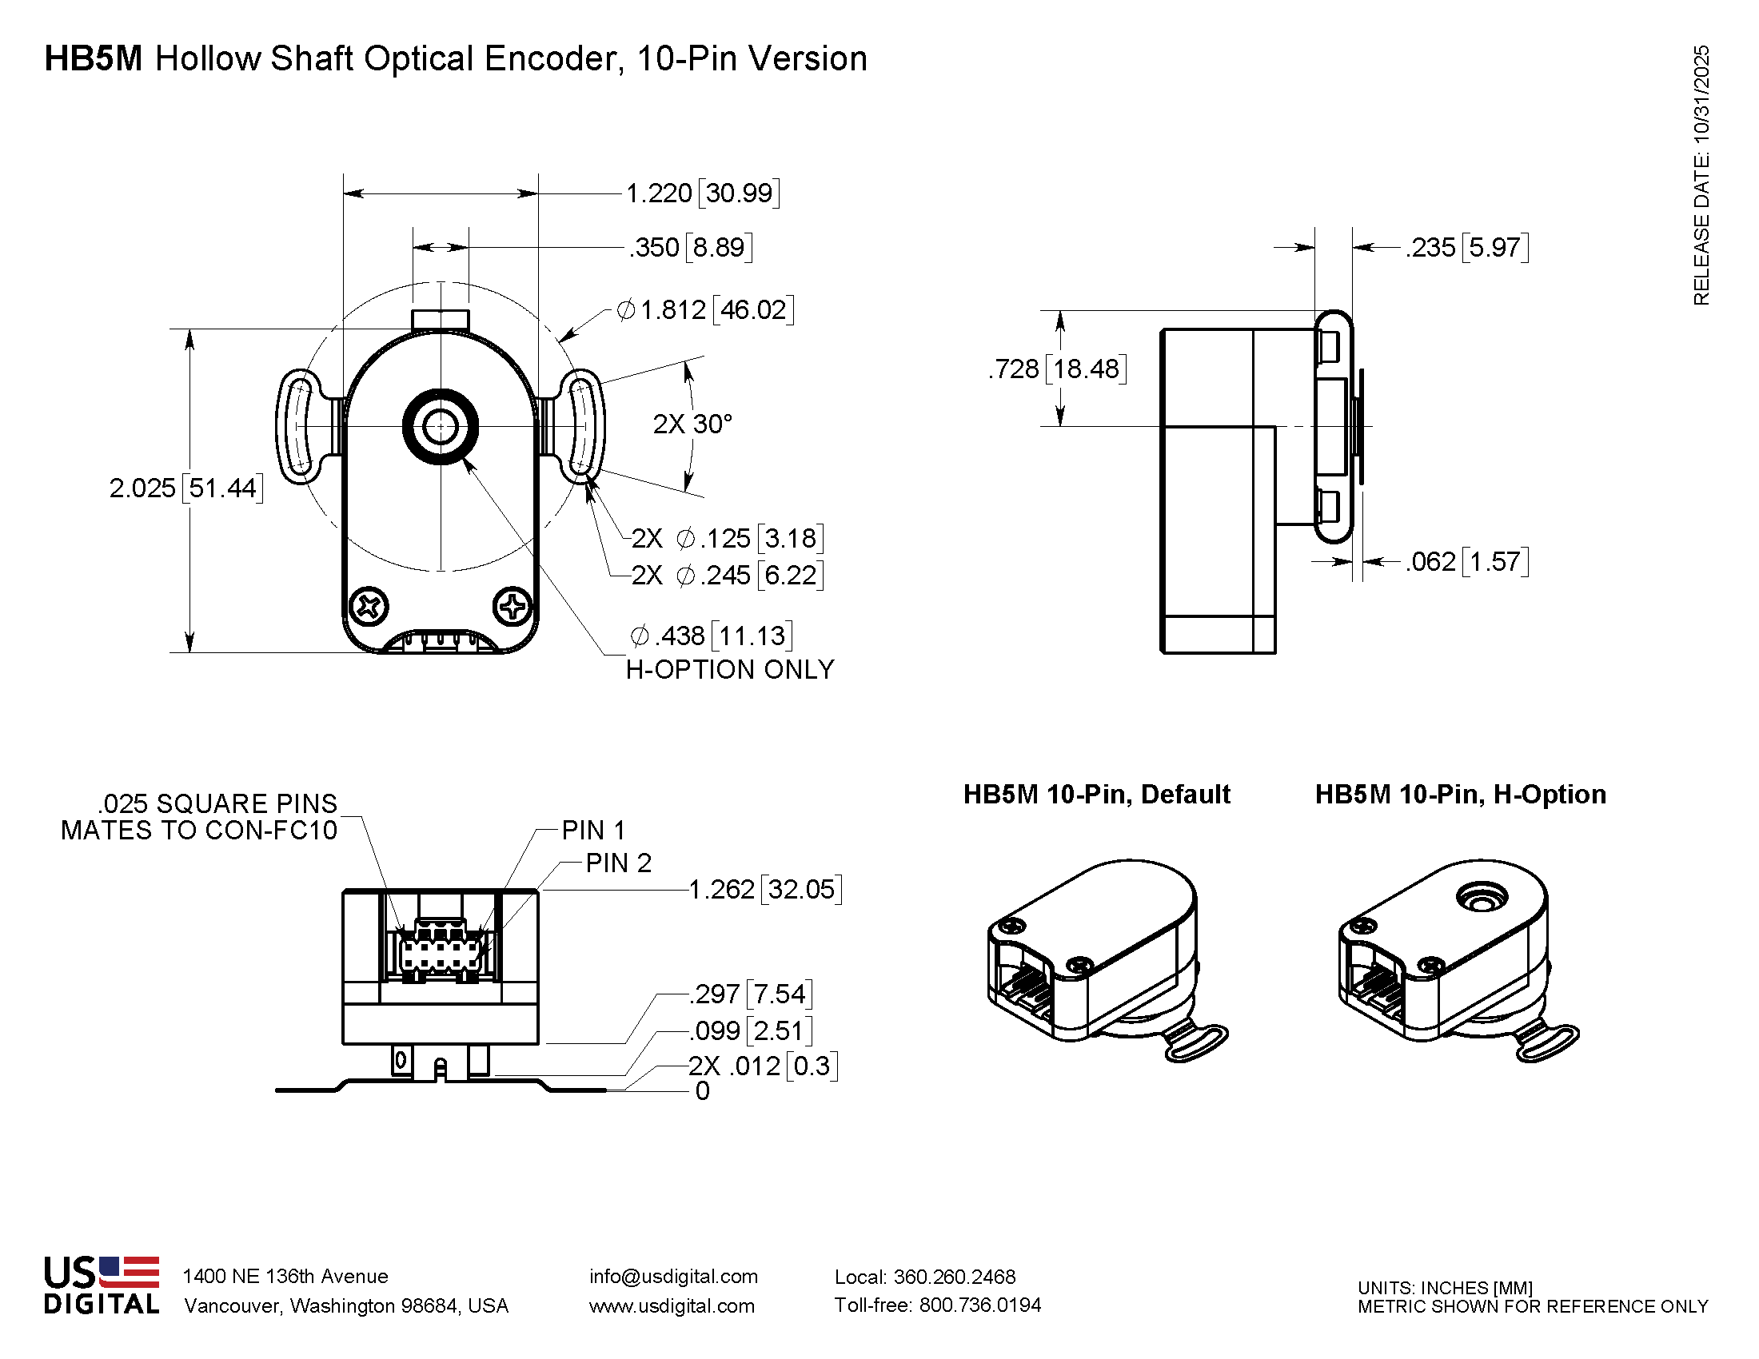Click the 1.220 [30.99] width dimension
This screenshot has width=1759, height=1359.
pyautogui.click(x=702, y=193)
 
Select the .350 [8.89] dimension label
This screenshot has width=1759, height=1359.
pyautogui.click(x=691, y=247)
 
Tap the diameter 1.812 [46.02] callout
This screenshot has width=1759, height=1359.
pyautogui.click(x=705, y=310)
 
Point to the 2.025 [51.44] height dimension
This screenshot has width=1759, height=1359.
pyautogui.click(x=186, y=488)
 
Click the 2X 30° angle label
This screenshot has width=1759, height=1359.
pyautogui.click(x=692, y=424)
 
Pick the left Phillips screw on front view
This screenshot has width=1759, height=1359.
pyautogui.click(x=369, y=606)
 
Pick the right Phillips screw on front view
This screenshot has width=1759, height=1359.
pyautogui.click(x=513, y=606)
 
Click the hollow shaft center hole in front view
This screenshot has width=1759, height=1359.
pyautogui.click(x=441, y=427)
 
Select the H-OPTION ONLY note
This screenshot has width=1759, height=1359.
pyautogui.click(x=730, y=670)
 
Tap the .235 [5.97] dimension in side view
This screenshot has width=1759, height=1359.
pyautogui.click(x=1466, y=247)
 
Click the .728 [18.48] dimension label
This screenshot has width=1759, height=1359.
pyautogui.click(x=1057, y=369)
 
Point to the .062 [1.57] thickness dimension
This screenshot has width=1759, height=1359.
pyautogui.click(x=1466, y=561)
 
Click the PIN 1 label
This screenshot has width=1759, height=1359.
pyautogui.click(x=593, y=830)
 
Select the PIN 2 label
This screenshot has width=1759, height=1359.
pyautogui.click(x=618, y=863)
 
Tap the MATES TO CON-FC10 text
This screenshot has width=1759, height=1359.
pyautogui.click(x=199, y=831)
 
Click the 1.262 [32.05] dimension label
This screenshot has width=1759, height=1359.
pyautogui.click(x=765, y=890)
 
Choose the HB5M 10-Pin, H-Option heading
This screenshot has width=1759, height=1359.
pyautogui.click(x=1460, y=795)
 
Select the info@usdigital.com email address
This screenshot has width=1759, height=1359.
pyautogui.click(x=673, y=1276)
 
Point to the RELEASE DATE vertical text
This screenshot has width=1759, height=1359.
pyautogui.click(x=1701, y=176)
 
